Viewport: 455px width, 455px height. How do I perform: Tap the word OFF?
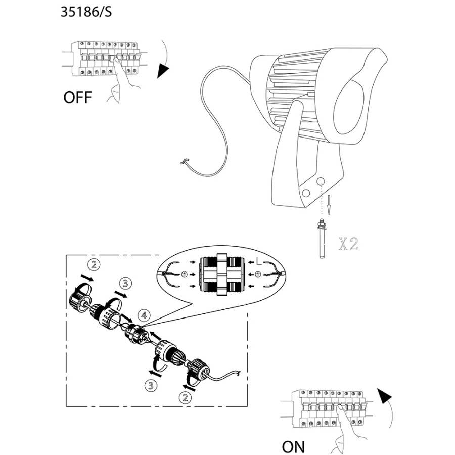(78, 97)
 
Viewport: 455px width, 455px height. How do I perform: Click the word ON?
(293, 447)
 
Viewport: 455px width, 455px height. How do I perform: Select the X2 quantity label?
(348, 245)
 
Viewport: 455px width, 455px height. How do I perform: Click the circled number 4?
(145, 315)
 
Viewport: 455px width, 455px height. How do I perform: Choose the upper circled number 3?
(125, 283)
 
